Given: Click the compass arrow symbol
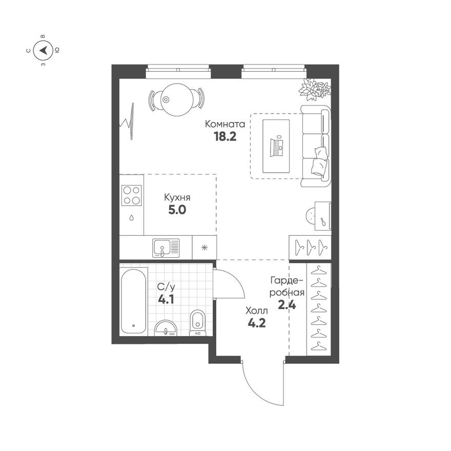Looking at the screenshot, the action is pos(44,50).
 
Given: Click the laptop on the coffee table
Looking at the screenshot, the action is pos(276,147).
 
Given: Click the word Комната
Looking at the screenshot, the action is pos(225,124).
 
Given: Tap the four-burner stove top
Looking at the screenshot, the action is pos(131,195).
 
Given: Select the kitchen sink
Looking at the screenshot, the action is pos(166,248).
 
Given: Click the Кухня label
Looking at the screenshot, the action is pos(177,198).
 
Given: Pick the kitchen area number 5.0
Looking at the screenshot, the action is pos(177,210).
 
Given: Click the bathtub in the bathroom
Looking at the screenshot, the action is pos(133,301).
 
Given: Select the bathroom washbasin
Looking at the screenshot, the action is pos(166,328).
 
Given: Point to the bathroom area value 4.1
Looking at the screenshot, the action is pos(166,300).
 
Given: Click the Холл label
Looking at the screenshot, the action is pos(257,311).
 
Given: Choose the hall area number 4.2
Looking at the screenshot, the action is pos(257,323).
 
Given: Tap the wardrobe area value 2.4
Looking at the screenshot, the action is pos(287,304).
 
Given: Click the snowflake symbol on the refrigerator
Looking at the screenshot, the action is pos(204,248).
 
